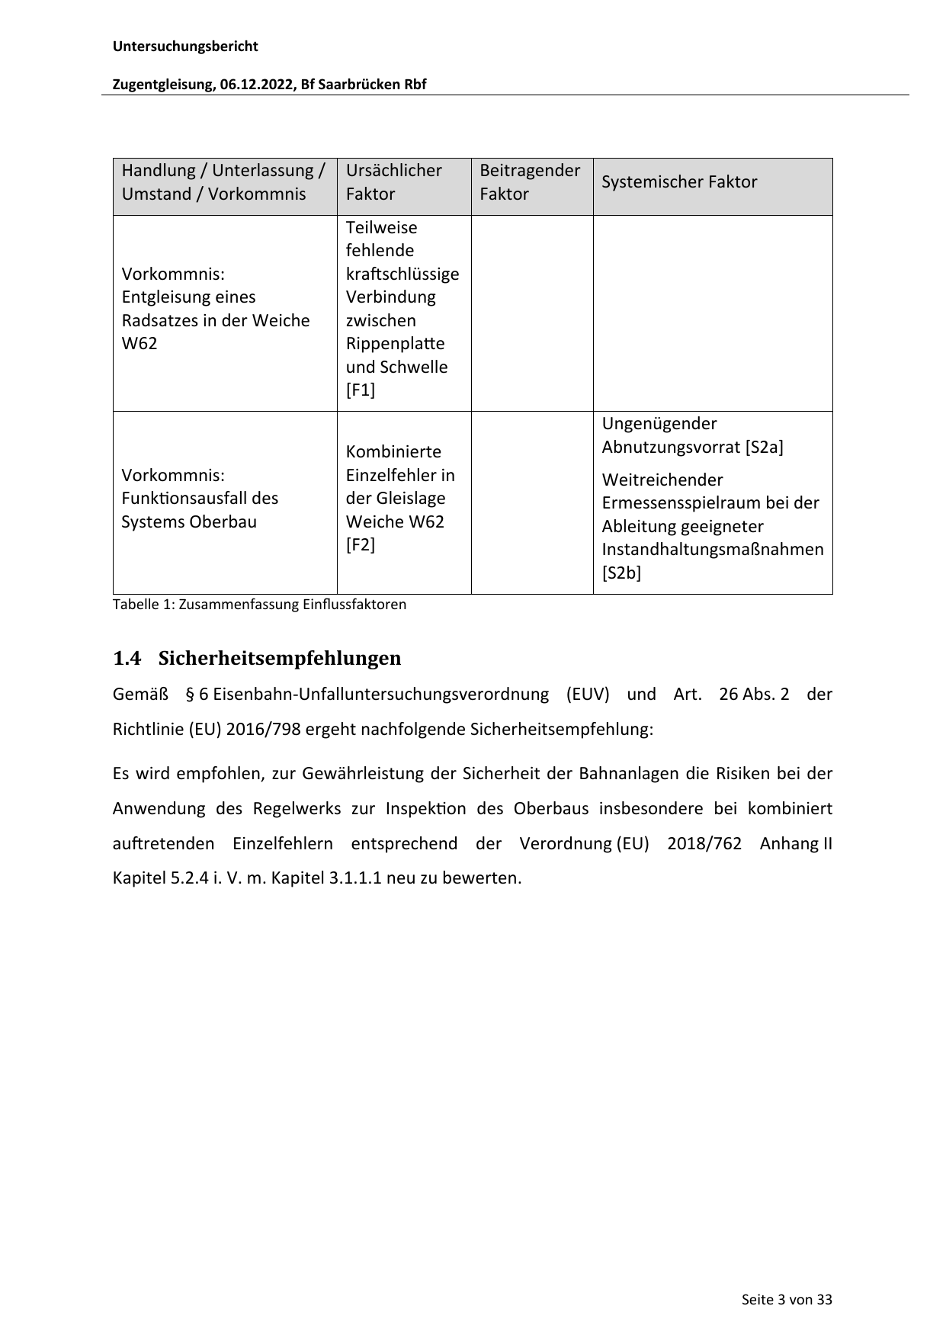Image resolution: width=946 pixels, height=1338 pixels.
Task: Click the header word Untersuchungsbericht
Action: [185, 47]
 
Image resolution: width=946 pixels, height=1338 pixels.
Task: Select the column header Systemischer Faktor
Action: [679, 182]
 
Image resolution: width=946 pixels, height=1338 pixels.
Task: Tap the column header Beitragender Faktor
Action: [530, 182]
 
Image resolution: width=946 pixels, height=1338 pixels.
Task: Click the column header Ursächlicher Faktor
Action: [393, 182]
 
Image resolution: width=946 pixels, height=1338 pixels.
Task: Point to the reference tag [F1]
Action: [361, 390]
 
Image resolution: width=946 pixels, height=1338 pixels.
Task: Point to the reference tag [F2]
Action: [361, 545]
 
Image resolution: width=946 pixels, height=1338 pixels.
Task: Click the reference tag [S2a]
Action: [764, 447]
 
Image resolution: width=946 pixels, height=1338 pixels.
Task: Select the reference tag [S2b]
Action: [621, 573]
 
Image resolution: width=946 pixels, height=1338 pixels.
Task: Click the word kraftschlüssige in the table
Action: [402, 274]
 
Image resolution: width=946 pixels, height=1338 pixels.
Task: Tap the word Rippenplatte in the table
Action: [395, 344]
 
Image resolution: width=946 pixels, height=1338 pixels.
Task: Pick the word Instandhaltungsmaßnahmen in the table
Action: [713, 550]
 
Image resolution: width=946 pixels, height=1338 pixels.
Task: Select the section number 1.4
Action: [127, 658]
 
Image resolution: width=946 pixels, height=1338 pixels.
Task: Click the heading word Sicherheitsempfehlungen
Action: [280, 658]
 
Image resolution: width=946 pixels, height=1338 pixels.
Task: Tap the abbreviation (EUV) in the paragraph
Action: [588, 695]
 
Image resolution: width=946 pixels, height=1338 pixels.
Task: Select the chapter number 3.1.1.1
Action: [354, 878]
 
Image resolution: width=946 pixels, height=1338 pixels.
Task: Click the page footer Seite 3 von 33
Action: [787, 1300]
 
